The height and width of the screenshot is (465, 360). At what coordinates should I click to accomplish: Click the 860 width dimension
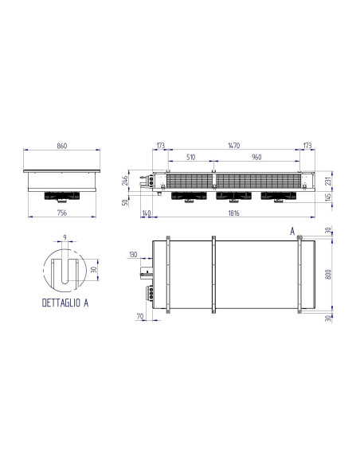(x=62, y=147)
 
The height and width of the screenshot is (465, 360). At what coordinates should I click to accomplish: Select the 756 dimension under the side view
(x=62, y=213)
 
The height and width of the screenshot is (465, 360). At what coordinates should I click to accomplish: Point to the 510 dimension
(x=190, y=158)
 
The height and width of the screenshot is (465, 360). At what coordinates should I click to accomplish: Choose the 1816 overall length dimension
(x=233, y=213)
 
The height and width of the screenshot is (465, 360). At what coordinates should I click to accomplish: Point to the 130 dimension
(x=132, y=256)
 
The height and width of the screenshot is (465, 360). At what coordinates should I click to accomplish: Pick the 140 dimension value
(x=146, y=213)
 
